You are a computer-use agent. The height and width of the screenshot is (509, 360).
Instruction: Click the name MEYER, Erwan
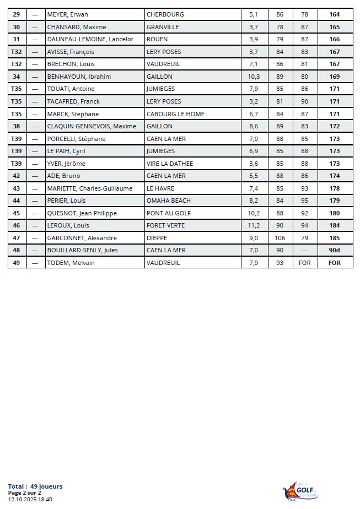pos(67,14)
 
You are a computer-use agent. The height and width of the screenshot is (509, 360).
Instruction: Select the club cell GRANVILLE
pos(165,27)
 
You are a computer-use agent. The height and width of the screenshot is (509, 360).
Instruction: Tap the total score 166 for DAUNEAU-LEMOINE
pos(335,40)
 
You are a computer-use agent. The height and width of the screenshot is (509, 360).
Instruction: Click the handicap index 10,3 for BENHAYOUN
pos(254,77)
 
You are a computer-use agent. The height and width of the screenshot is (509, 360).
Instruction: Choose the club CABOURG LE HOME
pos(175,114)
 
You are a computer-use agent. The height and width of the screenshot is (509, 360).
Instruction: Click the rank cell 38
pos(17,126)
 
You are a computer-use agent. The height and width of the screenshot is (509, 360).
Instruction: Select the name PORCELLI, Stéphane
pos(76,139)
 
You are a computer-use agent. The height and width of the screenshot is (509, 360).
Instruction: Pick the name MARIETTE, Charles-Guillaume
pos(89,188)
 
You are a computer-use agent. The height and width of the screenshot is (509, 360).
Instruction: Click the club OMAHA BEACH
pos(168,201)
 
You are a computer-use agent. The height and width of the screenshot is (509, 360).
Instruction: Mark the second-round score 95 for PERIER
pos(305,201)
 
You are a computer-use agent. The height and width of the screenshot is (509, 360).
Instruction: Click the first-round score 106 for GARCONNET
pos(280,238)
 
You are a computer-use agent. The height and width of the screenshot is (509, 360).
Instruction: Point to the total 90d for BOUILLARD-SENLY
pos(335,250)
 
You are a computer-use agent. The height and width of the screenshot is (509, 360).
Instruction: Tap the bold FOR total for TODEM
pos(335,263)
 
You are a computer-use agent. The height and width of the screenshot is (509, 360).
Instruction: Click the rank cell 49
pos(17,263)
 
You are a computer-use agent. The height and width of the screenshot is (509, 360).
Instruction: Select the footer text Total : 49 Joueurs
pos(35,486)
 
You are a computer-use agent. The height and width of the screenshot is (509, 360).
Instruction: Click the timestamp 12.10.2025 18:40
pos(30,499)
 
